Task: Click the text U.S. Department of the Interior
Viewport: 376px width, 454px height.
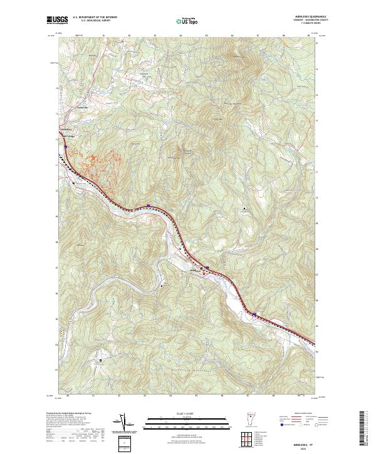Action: tap(95, 18)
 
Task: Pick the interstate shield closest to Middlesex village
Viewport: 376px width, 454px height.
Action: tap(207, 267)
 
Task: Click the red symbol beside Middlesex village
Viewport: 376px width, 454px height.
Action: tap(202, 274)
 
